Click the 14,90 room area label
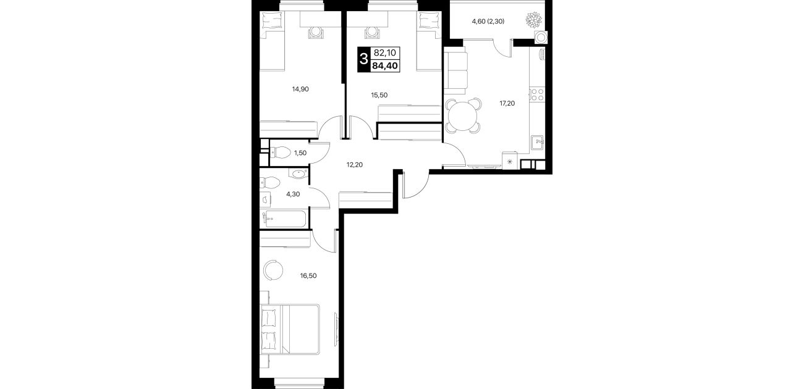point(300,89)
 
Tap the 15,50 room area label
point(379,95)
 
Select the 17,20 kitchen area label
point(507,103)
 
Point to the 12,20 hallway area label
point(354,165)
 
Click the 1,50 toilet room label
point(300,153)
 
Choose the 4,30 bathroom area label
point(293,194)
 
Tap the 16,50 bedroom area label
point(308,276)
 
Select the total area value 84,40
point(384,66)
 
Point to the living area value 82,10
point(385,53)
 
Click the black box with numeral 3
point(363,59)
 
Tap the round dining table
point(463,116)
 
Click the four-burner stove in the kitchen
point(537,94)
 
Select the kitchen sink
point(537,143)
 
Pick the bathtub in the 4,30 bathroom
point(284,219)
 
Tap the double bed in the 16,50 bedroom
point(290,330)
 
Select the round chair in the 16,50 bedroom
point(273,270)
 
